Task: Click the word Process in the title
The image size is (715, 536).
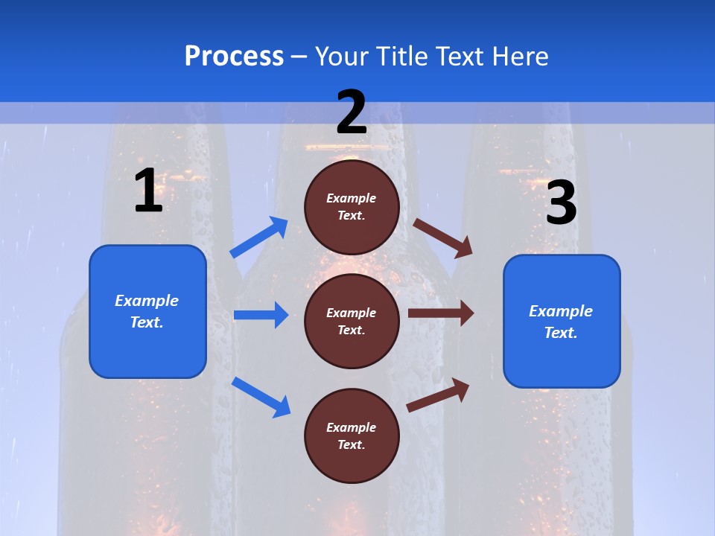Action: pyautogui.click(x=234, y=57)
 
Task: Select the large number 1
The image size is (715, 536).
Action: pyautogui.click(x=148, y=191)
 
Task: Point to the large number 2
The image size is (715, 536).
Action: pyautogui.click(x=352, y=112)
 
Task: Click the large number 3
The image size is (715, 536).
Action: pyautogui.click(x=562, y=204)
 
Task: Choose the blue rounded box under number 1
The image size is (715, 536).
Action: pyautogui.click(x=147, y=311)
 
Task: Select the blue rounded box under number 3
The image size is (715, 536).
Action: pyautogui.click(x=562, y=322)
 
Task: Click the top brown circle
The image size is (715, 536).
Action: pyautogui.click(x=352, y=207)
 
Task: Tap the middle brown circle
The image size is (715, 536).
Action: pyautogui.click(x=352, y=322)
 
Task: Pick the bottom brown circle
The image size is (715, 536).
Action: pyautogui.click(x=352, y=436)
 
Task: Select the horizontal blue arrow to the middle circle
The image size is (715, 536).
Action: pyautogui.click(x=261, y=315)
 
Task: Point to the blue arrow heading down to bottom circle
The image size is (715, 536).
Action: pyautogui.click(x=261, y=397)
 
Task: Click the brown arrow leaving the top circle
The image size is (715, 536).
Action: pyautogui.click(x=443, y=237)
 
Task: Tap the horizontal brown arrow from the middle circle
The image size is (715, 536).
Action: pyautogui.click(x=441, y=313)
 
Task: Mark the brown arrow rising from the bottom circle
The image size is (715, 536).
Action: pyautogui.click(x=438, y=395)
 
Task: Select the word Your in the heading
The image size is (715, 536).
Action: pyautogui.click(x=342, y=57)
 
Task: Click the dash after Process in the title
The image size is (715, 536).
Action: pyautogui.click(x=299, y=57)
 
